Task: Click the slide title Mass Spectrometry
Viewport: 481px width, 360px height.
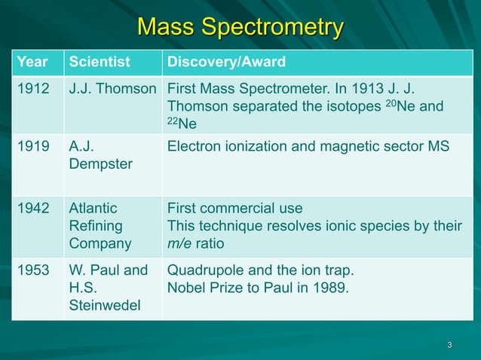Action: click(x=240, y=27)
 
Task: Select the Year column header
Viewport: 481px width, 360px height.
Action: click(x=32, y=62)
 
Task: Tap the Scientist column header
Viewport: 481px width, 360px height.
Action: click(x=100, y=62)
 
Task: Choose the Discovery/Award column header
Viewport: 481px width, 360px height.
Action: click(x=225, y=62)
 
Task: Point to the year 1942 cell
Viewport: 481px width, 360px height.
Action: click(x=33, y=209)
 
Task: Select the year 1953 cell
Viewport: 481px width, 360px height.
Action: click(x=33, y=270)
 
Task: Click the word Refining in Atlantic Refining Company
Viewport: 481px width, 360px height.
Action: click(x=95, y=226)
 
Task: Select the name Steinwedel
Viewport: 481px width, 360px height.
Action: click(x=105, y=306)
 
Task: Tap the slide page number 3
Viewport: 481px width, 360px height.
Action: click(x=449, y=346)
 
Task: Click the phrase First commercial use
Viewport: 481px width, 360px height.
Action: click(x=234, y=209)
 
